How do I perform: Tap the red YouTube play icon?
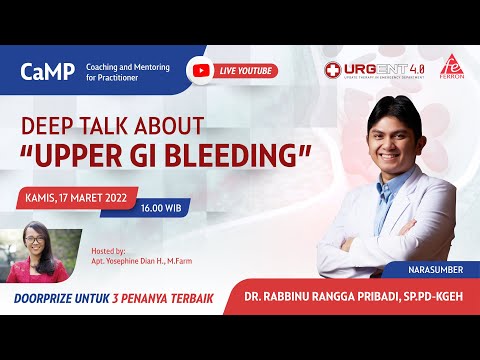click(203, 71)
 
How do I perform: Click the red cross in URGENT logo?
click(333, 70)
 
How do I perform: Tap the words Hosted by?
click(107, 250)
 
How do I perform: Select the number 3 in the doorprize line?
click(147, 298)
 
